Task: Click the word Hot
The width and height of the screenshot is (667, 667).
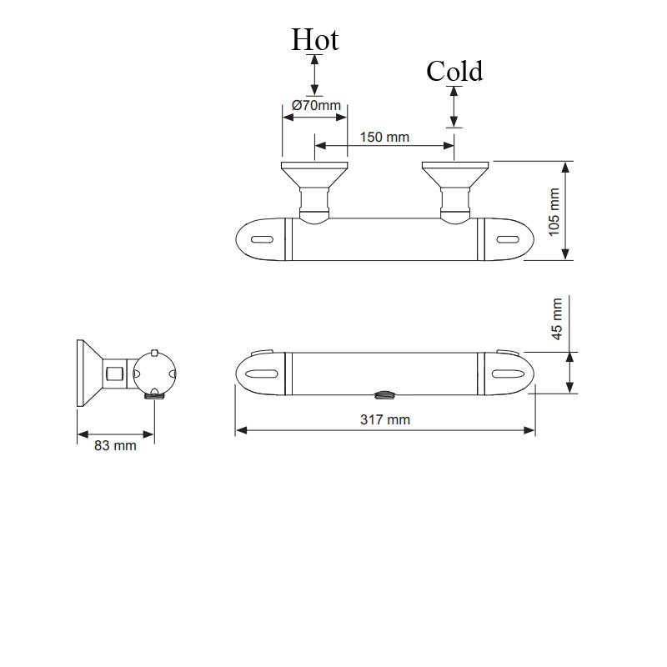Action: coord(314,40)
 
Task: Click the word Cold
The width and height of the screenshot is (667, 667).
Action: coord(454,72)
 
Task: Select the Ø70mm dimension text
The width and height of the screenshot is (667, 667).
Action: coord(316,106)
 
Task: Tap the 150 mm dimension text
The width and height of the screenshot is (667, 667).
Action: coord(384,137)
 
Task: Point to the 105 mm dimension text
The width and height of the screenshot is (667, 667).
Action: coord(554,211)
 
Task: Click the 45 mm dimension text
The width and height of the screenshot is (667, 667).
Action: coord(557,318)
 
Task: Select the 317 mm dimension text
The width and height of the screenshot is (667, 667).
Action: coord(384,419)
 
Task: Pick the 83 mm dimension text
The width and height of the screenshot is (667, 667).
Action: coord(115,445)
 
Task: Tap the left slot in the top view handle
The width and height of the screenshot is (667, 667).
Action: coord(261,240)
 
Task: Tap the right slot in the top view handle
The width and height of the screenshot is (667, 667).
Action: coord(507,240)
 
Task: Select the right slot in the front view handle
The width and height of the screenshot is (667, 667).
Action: coord(507,373)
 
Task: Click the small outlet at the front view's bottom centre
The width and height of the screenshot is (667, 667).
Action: coord(384,395)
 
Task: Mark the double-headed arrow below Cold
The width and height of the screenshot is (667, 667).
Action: coord(454,107)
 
